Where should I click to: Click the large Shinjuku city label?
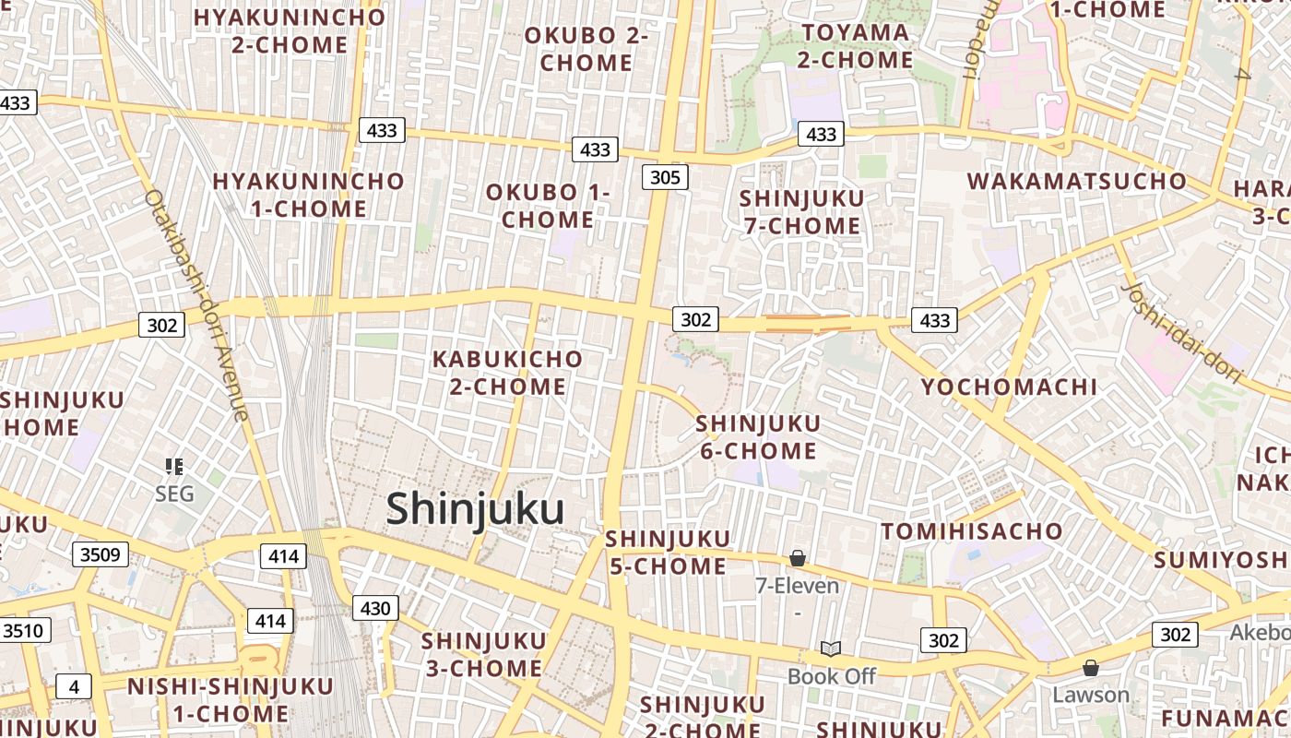click(x=475, y=509)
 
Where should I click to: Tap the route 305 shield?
click(x=665, y=177)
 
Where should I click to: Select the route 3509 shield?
click(x=101, y=554)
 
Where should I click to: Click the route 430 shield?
click(x=375, y=608)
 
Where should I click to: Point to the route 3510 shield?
click(x=23, y=631)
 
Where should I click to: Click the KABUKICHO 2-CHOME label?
click(x=507, y=373)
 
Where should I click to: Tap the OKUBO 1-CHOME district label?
click(x=548, y=207)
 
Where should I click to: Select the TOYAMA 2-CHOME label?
click(x=855, y=47)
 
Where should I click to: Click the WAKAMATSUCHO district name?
click(x=1077, y=181)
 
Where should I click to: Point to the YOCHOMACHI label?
click(x=1009, y=387)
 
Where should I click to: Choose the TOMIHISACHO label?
click(x=972, y=531)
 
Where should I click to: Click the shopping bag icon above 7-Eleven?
click(x=798, y=558)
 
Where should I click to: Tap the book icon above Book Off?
click(x=831, y=649)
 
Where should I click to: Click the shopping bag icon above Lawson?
click(x=1091, y=667)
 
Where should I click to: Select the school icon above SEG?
click(x=174, y=467)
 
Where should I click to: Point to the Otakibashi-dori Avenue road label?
click(x=196, y=305)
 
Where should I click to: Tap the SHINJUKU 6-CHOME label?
click(x=758, y=437)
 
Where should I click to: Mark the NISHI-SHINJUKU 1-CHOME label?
click(x=230, y=700)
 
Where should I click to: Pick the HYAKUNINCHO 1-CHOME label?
click(x=308, y=195)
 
